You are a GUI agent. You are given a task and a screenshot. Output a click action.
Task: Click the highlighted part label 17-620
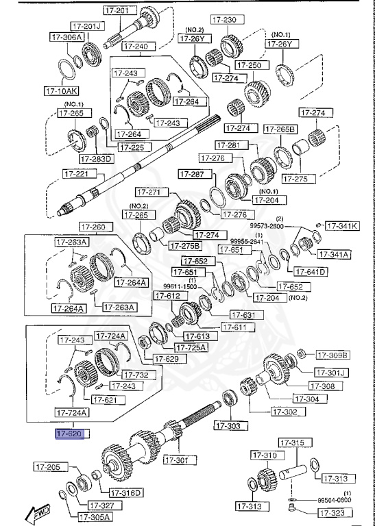(x=69, y=434)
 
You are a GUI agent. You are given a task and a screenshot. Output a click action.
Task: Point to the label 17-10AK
(x=62, y=90)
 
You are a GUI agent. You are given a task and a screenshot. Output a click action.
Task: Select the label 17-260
(x=93, y=227)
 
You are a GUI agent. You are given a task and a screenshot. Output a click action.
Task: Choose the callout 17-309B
(x=332, y=355)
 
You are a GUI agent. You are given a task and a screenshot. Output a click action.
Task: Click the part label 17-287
(x=193, y=175)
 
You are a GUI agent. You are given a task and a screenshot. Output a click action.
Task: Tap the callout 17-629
(x=166, y=358)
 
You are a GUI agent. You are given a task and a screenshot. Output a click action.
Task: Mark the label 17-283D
(x=95, y=159)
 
